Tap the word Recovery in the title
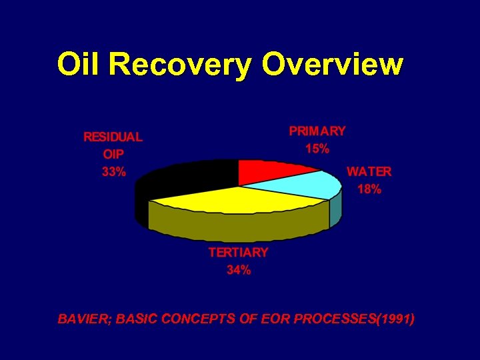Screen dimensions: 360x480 (x=180, y=65)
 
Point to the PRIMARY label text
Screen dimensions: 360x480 (x=317, y=131)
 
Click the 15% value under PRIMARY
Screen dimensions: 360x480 (x=317, y=149)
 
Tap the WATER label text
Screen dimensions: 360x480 (x=369, y=171)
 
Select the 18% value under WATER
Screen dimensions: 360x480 (x=369, y=189)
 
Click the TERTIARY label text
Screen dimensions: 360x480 (x=238, y=253)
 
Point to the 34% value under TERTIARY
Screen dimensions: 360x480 (x=238, y=270)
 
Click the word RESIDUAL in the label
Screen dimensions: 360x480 (x=113, y=137)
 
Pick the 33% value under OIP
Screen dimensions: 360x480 (x=113, y=171)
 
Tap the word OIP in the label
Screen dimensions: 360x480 (x=113, y=154)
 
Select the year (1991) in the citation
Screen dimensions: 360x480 (x=396, y=319)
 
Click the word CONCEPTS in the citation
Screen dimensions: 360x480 (x=193, y=319)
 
